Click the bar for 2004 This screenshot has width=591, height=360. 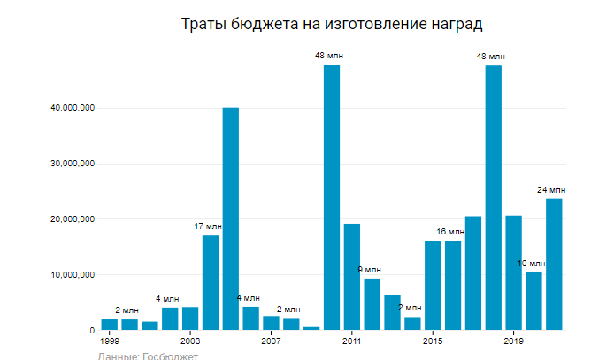(211, 282)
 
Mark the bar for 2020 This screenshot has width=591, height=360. (533, 301)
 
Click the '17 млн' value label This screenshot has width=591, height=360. (210, 226)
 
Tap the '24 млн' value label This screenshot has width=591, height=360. (551, 189)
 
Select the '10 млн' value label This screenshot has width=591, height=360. (531, 263)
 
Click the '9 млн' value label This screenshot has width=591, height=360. (369, 269)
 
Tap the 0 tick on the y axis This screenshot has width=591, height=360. (91, 330)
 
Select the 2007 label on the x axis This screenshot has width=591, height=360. (271, 341)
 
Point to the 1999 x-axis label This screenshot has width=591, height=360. (109, 341)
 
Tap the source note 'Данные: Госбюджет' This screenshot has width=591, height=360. (148, 356)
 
